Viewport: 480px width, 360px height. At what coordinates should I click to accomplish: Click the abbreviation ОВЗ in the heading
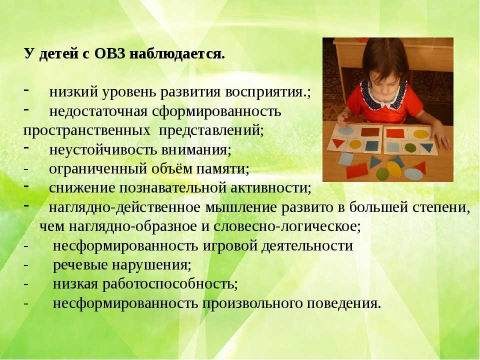click(109, 54)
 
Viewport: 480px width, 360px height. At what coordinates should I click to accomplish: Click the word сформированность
click(216, 111)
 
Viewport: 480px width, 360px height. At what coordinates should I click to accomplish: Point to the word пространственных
click(87, 130)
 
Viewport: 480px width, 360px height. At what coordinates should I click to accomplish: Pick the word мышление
click(241, 207)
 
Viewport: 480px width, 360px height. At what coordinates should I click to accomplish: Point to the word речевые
click(79, 265)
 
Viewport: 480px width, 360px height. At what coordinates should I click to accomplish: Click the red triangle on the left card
click(338, 143)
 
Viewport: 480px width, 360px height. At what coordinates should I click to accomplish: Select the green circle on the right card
click(410, 148)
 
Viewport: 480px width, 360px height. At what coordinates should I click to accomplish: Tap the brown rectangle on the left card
click(370, 132)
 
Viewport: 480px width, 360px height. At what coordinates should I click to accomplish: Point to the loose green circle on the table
click(382, 174)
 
